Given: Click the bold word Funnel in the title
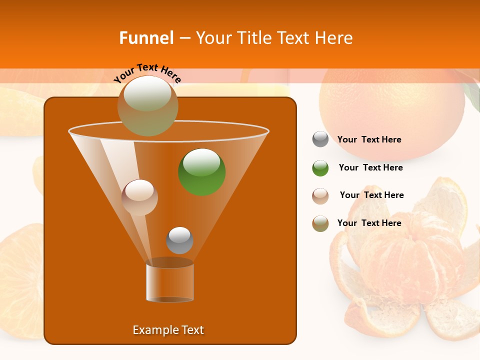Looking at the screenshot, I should [146, 38].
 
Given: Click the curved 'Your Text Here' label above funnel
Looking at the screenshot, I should [147, 73].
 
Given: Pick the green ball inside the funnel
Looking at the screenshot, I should [202, 171].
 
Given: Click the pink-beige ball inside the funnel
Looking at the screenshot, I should [139, 197].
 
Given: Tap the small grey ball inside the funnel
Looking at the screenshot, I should [179, 240].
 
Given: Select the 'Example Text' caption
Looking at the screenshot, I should [168, 330].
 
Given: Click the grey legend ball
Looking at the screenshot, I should [320, 139].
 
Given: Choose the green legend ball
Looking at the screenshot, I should [320, 168].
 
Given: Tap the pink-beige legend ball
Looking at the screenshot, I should [320, 195].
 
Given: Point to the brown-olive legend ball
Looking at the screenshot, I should [320, 223].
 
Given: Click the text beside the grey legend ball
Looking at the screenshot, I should [369, 140].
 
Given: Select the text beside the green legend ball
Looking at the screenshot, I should [370, 168].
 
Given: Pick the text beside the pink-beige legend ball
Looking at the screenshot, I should [371, 195].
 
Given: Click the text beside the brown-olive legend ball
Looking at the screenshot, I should [369, 223].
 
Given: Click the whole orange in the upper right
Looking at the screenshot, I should [392, 110].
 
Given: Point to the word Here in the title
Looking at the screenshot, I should [334, 38].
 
